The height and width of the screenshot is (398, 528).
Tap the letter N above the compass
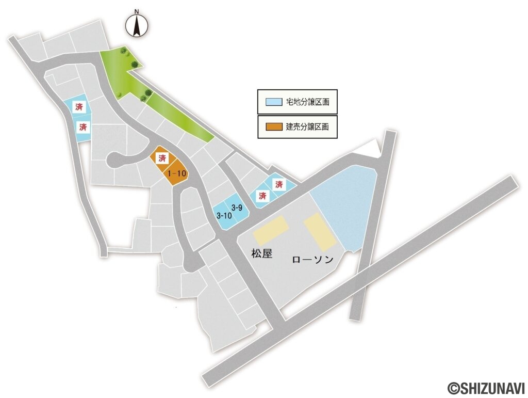(137, 11)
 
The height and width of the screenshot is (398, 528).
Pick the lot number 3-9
(237, 208)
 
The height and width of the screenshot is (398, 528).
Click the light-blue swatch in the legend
(274, 102)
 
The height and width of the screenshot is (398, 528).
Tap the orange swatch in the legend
(274, 126)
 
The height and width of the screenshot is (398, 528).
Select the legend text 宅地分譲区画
(307, 102)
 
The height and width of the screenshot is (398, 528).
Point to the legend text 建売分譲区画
(307, 126)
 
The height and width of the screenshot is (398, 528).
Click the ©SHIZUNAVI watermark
(486, 387)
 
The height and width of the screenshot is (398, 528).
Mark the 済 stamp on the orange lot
(162, 157)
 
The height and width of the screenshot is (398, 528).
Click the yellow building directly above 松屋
(270, 230)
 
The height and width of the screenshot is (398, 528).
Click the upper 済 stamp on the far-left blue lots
(79, 107)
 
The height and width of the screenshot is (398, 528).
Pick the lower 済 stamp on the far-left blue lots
(82, 127)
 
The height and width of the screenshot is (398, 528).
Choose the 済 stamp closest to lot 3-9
(262, 196)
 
